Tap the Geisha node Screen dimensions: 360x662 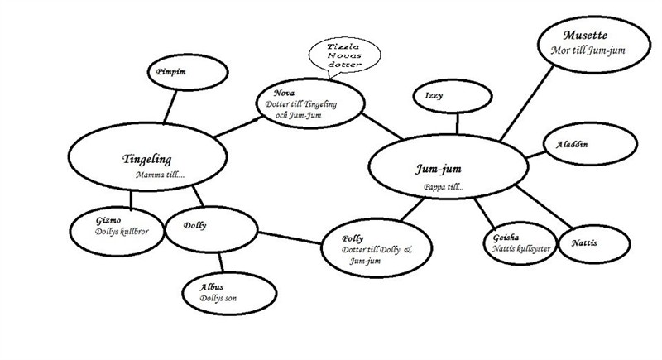518,242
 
